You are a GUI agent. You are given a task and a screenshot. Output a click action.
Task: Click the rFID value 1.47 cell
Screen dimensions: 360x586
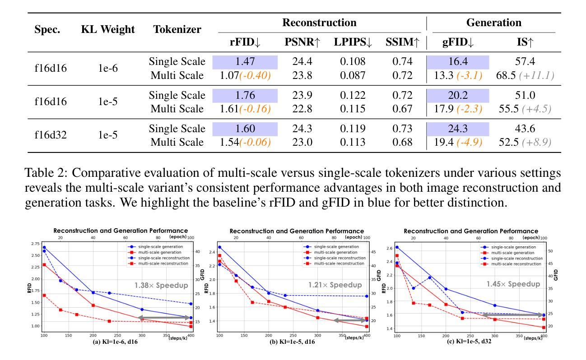[x=244, y=62]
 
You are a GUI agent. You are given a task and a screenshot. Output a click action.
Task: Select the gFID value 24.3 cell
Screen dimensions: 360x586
[x=458, y=129]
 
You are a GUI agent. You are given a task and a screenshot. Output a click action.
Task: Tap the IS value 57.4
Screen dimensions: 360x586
[x=526, y=62]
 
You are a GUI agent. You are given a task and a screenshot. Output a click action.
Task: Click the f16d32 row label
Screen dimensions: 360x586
[x=51, y=136]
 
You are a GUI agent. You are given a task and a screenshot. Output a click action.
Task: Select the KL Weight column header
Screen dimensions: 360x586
[x=108, y=30]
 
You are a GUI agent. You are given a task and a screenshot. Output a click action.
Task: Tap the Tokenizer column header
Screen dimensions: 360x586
[x=177, y=30]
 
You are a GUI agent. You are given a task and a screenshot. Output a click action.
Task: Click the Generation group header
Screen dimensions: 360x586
[x=493, y=23]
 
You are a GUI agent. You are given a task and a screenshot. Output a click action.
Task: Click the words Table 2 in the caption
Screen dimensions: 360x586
[x=51, y=173]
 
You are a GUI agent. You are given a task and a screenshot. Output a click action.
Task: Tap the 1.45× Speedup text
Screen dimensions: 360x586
[x=513, y=284]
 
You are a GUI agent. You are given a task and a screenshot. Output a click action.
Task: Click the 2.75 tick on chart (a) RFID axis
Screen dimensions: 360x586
[x=35, y=244]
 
